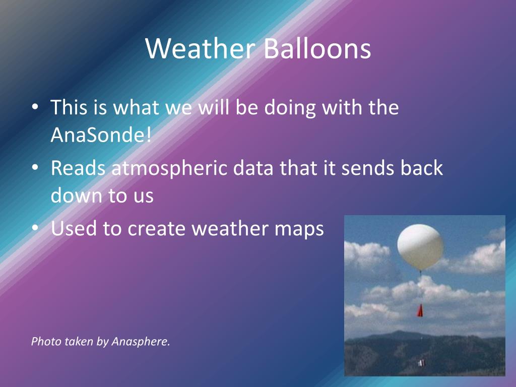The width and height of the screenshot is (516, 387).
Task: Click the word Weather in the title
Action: click(200, 48)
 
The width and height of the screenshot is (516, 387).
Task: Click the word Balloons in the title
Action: click(317, 48)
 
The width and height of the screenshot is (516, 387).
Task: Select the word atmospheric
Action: click(169, 168)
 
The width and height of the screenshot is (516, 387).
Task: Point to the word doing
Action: click(290, 108)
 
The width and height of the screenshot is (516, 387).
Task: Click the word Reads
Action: click(78, 168)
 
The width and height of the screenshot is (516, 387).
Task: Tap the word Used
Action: click(74, 228)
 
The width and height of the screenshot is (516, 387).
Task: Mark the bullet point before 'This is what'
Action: click(35, 107)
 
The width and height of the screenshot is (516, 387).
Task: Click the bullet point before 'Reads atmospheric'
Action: click(35, 167)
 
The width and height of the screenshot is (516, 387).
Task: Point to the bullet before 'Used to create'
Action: click(35, 228)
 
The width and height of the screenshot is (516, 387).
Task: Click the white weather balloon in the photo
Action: click(420, 247)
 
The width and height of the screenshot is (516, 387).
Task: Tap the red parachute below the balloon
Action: click(420, 310)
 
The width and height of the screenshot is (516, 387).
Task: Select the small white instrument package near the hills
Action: click(421, 363)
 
